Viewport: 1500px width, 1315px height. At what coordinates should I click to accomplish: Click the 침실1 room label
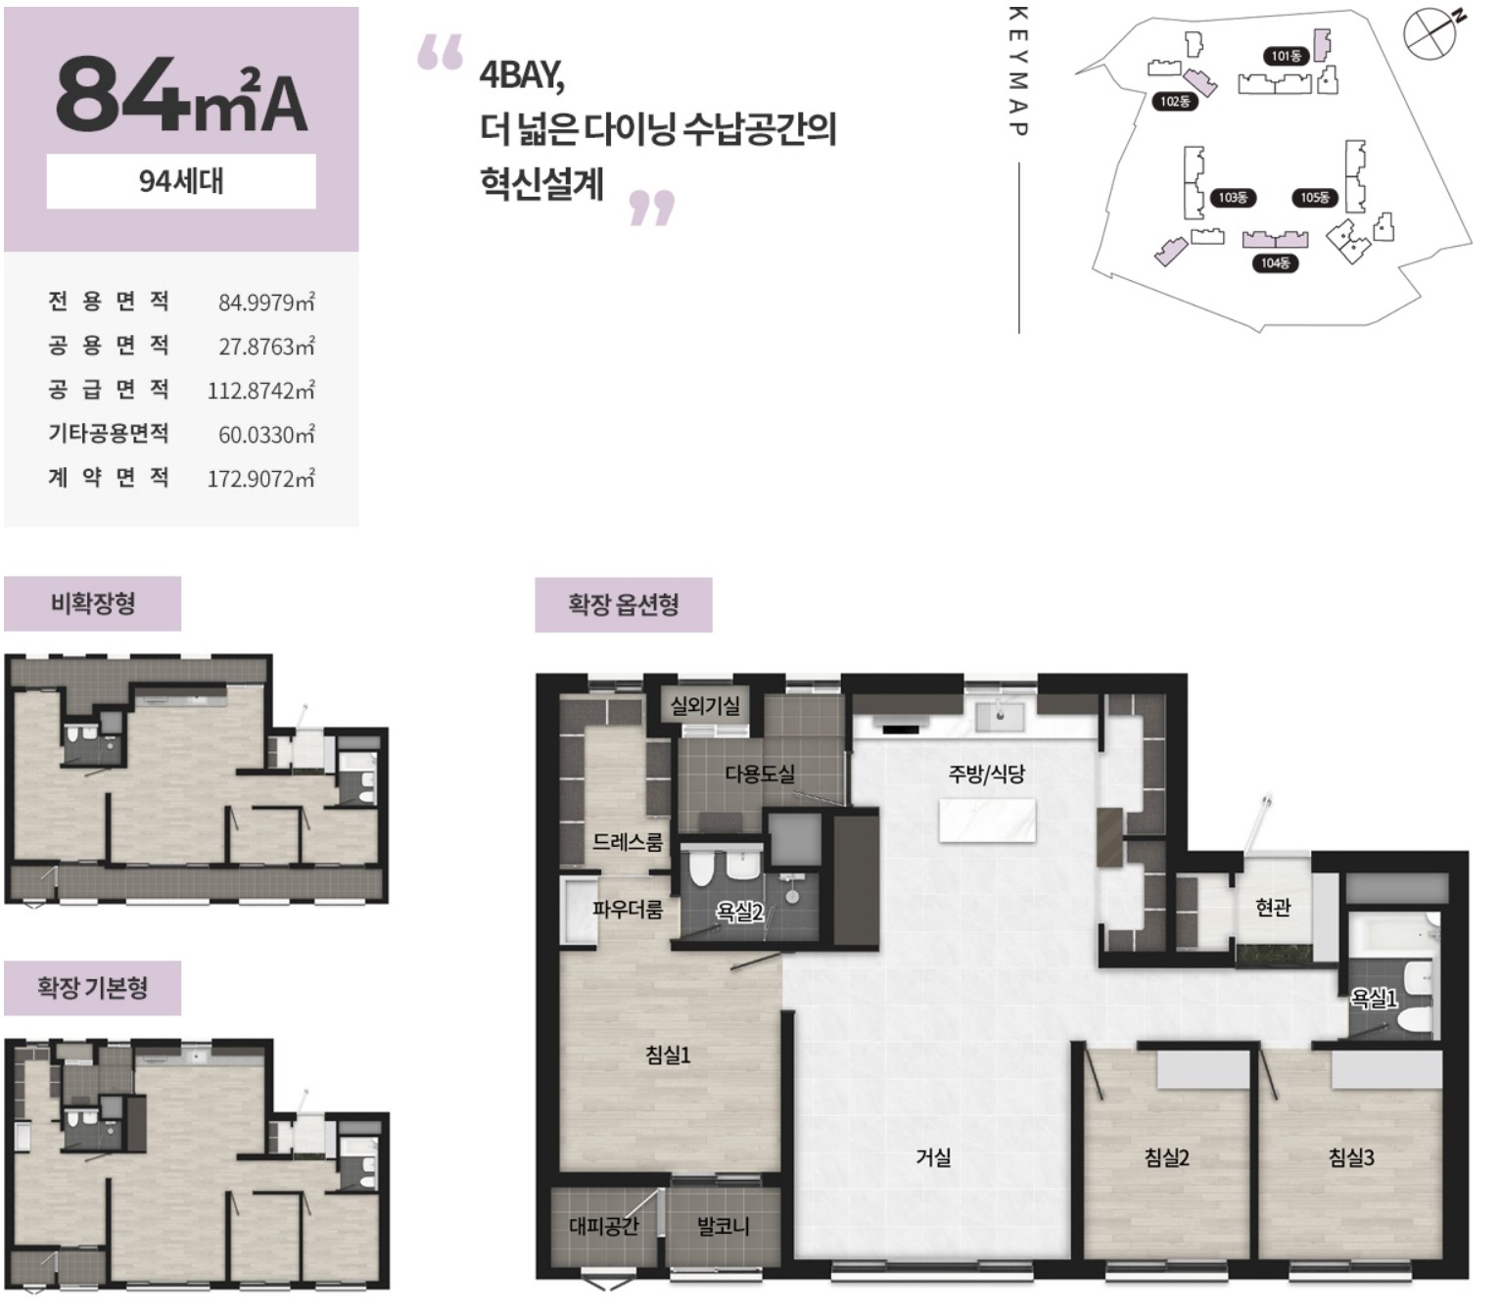(667, 1056)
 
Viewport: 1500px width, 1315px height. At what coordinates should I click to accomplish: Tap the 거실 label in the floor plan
(933, 1157)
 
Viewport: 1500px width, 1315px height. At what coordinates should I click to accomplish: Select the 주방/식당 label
(986, 775)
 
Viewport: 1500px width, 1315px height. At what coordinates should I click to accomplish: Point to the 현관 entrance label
(1273, 907)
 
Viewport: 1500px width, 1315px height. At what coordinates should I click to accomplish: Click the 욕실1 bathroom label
(1374, 999)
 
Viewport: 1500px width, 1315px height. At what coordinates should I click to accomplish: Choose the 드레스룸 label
(627, 842)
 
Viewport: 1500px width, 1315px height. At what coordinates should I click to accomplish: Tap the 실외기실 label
(705, 705)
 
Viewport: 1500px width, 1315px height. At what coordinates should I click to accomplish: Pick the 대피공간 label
(603, 1226)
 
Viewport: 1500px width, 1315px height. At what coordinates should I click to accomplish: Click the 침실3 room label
(1351, 1157)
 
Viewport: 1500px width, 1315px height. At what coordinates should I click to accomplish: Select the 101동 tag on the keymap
(1286, 56)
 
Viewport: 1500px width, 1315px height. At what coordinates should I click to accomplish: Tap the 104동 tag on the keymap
(1275, 262)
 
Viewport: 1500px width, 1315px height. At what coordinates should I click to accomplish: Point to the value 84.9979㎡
(266, 303)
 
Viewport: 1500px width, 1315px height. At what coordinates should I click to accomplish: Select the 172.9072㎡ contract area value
(260, 479)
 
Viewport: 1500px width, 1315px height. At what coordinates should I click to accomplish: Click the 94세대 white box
(181, 181)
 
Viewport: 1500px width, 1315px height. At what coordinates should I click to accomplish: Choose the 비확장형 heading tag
(93, 603)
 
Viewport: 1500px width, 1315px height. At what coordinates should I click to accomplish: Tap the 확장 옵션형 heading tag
(624, 605)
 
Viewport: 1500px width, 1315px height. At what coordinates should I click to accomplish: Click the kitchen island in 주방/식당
(987, 821)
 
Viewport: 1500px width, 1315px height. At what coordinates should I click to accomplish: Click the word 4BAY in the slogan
(521, 75)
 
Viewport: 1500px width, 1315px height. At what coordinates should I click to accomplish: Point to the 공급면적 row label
(109, 390)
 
